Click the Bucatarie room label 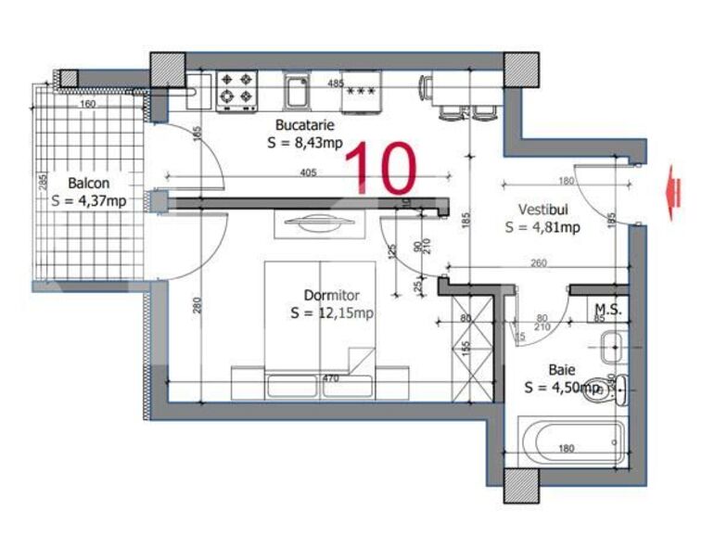[304, 125]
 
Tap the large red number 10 [381, 168]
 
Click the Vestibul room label [542, 210]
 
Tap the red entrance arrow [674, 192]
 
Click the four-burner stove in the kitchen [236, 91]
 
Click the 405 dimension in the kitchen [309, 172]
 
